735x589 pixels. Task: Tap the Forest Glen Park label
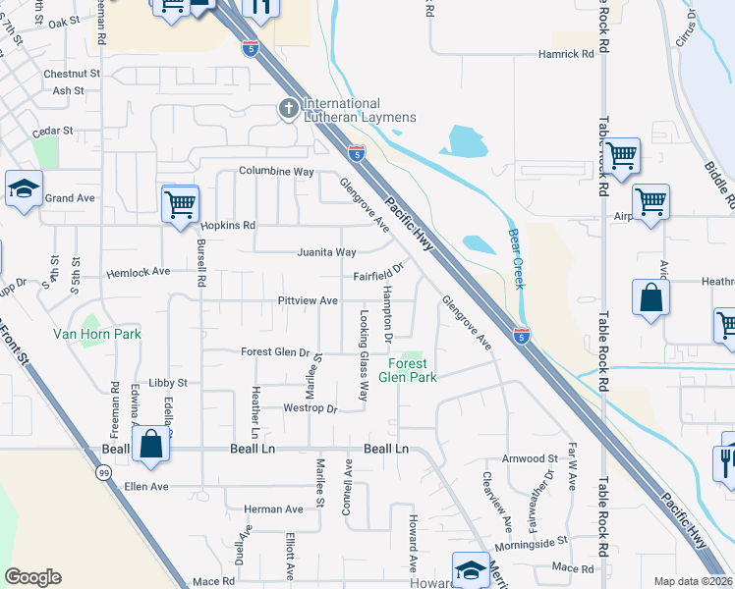[x=407, y=370]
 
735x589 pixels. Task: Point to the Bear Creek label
[x=516, y=259]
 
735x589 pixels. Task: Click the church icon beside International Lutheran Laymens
[x=289, y=109]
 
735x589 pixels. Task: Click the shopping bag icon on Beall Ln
[x=151, y=443]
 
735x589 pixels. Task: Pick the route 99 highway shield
[x=103, y=473]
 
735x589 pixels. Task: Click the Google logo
[x=32, y=577]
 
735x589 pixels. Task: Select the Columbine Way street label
[x=276, y=171]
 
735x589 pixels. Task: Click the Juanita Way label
[x=327, y=252]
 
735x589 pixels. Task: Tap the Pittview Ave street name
[x=308, y=300]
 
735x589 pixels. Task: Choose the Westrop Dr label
[x=310, y=408]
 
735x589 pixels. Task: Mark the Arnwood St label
[x=530, y=458]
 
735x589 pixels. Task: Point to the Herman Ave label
[x=273, y=509]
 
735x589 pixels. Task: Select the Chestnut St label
[x=72, y=74]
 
